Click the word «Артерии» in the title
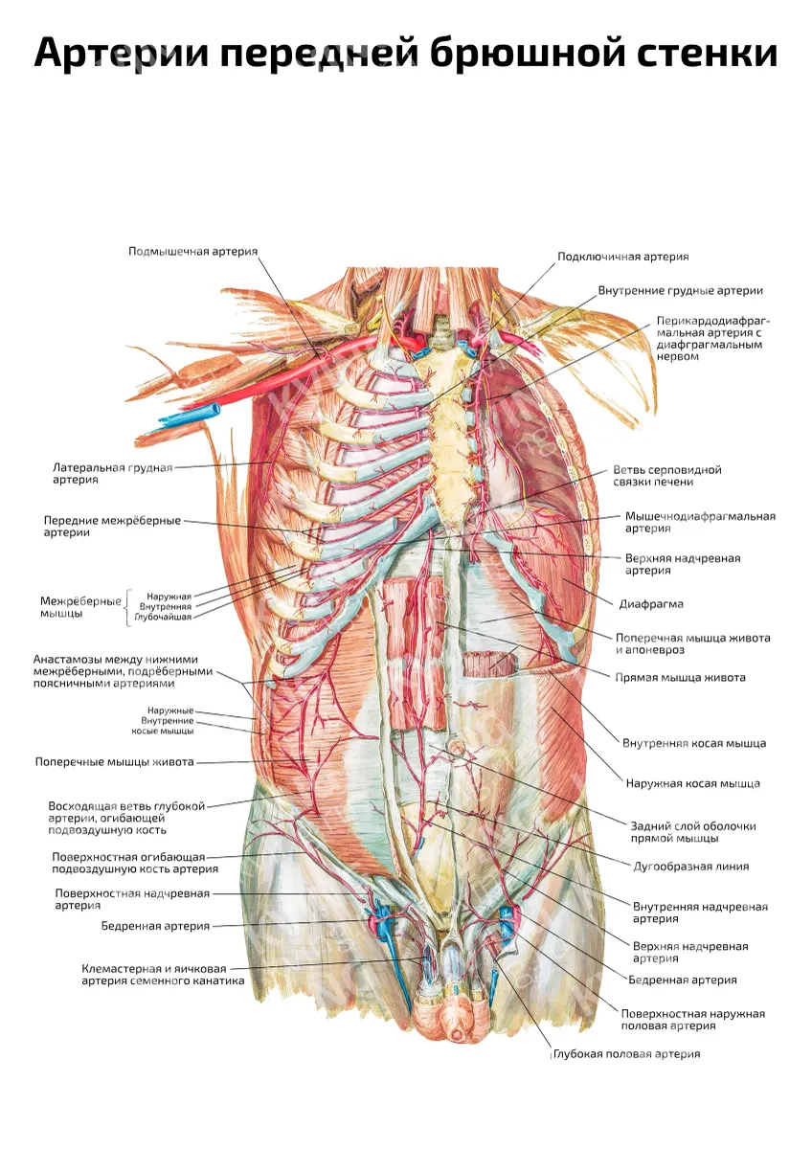click(x=122, y=54)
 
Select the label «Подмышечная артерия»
click(x=192, y=251)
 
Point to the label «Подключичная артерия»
click(x=623, y=257)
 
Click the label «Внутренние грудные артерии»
click(x=681, y=291)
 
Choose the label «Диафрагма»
click(x=651, y=604)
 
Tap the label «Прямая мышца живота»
click(x=681, y=678)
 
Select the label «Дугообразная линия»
click(x=691, y=867)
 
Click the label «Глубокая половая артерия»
click(x=627, y=1054)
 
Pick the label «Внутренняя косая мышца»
click(x=694, y=743)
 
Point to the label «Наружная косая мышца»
click(x=693, y=783)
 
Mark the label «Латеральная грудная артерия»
click(x=113, y=473)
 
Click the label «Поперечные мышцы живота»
click(x=114, y=762)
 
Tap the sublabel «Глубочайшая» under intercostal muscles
click(x=163, y=617)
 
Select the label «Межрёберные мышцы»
click(x=80, y=607)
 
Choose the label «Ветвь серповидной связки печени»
click(x=667, y=476)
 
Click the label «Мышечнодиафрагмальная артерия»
click(x=700, y=522)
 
